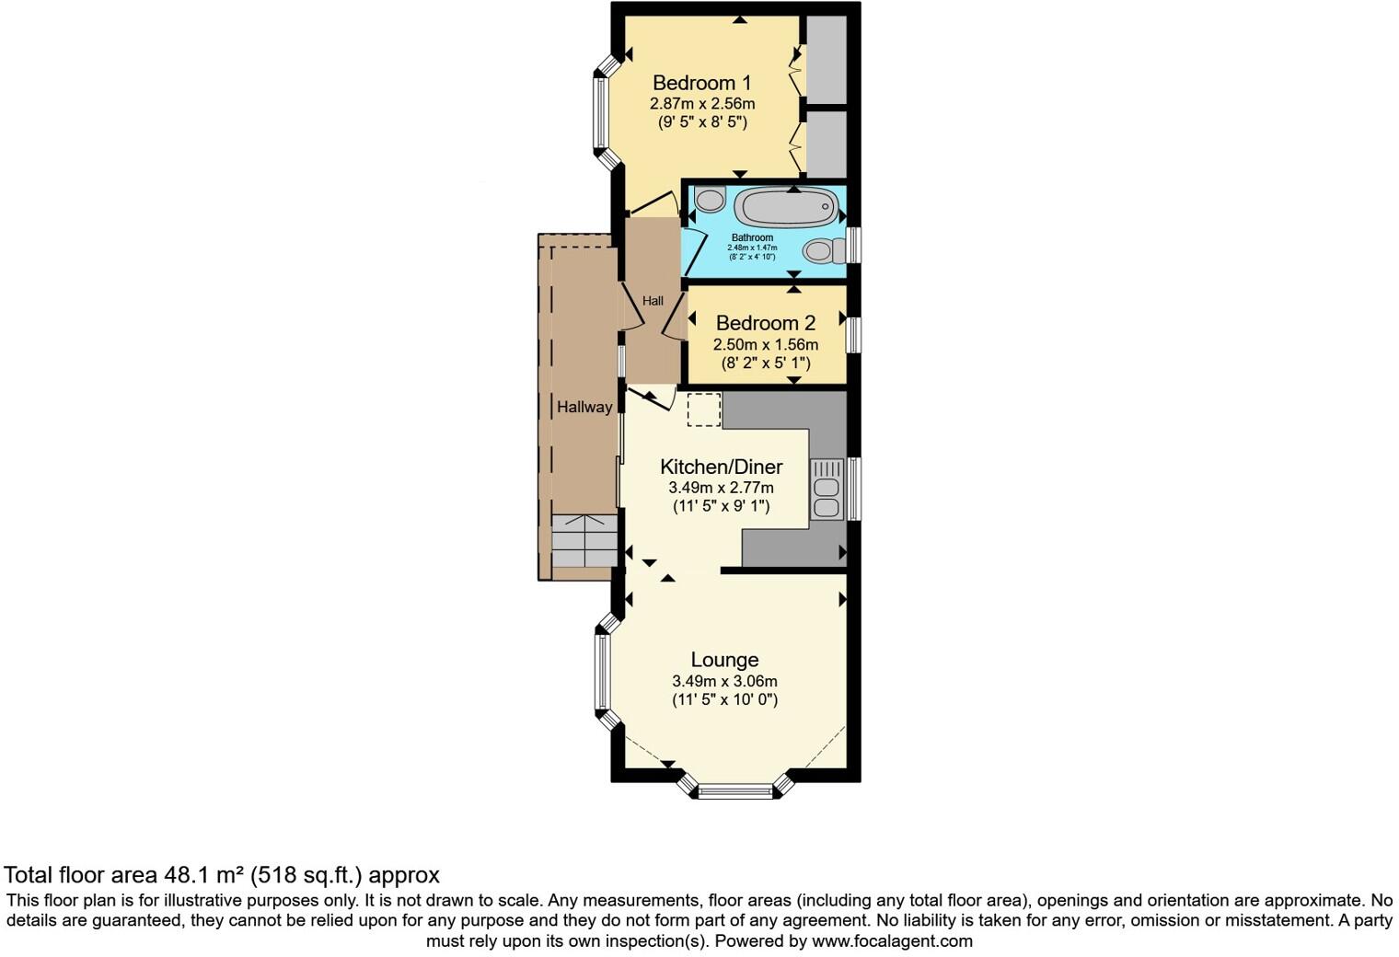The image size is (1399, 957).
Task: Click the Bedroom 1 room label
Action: [701, 83]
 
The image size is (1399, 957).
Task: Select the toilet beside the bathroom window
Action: [823, 249]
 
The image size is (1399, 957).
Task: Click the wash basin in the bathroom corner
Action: [710, 198]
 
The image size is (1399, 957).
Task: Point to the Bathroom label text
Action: [752, 237]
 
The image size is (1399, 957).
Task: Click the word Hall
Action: [653, 301]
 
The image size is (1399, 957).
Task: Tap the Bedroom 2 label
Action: [765, 323]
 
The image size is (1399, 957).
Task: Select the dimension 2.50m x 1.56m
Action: [765, 344]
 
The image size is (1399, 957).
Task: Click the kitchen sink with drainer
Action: [826, 490]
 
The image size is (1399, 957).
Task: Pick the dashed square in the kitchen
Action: [704, 409]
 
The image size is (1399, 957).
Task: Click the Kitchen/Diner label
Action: [721, 467]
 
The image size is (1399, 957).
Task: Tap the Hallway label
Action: [584, 407]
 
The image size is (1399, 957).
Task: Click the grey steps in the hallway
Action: [584, 541]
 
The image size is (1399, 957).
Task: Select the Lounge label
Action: [724, 660]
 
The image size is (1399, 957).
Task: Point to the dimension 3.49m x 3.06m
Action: [724, 681]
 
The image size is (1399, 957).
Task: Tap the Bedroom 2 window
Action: [854, 334]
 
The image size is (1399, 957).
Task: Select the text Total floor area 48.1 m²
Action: [155, 874]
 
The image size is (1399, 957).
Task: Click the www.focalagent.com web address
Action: [891, 941]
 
